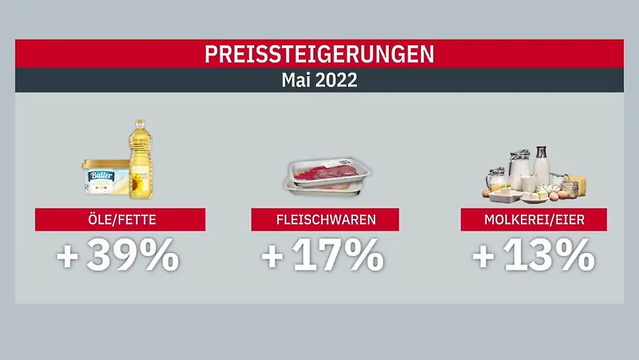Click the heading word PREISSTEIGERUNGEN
(x=319, y=54)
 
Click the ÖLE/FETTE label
(x=120, y=220)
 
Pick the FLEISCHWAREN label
(x=324, y=220)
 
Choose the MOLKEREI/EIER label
(x=533, y=220)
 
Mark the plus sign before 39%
(x=67, y=257)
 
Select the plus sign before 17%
(x=273, y=257)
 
